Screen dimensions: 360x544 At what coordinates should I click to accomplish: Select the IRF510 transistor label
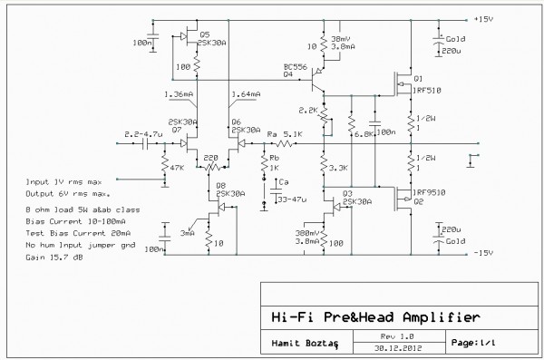(427, 92)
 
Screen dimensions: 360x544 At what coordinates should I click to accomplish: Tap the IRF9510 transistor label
(429, 192)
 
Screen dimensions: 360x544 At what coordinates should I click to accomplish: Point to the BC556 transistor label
(293, 66)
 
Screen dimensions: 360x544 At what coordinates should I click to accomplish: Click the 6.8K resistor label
(360, 133)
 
